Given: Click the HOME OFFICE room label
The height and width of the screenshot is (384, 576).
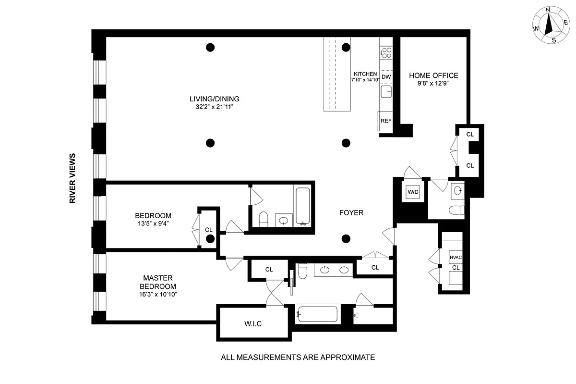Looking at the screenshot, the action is point(433,75).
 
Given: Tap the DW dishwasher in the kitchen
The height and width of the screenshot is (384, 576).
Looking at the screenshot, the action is point(386,77).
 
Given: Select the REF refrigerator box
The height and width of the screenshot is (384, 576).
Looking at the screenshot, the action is point(385,121).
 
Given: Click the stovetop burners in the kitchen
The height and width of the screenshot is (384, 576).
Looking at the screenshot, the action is point(386,53).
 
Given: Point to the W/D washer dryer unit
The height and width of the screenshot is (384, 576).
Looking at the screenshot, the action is point(413,192).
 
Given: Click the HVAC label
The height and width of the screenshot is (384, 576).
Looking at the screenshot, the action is point(456,257).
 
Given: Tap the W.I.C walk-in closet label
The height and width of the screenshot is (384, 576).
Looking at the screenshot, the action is point(253,324).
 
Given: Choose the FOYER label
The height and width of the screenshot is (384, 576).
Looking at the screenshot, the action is point(351,213).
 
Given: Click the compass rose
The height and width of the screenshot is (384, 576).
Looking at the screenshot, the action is point(551,25).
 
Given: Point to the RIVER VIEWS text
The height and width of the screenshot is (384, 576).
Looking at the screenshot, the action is point(72,178).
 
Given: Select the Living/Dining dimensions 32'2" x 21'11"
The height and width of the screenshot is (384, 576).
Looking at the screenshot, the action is point(215,107).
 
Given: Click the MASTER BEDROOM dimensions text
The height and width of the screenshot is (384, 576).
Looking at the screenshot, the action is point(158,294).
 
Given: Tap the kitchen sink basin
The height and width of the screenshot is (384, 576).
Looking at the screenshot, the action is point(386,92).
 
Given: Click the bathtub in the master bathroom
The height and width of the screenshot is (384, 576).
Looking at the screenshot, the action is point(318,314).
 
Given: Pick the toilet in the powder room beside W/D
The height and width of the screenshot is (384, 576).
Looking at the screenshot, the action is point(456,210).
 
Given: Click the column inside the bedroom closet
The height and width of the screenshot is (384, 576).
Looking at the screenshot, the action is point(210,239).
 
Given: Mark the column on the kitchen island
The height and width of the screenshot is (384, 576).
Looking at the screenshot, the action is point(346,48).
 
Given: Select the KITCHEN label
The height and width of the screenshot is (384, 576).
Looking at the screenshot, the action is point(365,74).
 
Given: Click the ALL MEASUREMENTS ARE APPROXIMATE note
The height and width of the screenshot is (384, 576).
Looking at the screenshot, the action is point(298,357).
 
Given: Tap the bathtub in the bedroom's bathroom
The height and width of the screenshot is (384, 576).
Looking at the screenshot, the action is point(303,206).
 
